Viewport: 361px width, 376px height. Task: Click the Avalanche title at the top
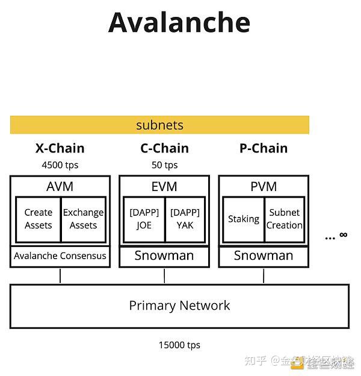[x=179, y=22]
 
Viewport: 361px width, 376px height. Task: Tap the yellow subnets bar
[x=159, y=125]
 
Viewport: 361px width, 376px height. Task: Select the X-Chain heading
[x=60, y=148]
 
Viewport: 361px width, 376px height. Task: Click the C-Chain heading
[x=164, y=148]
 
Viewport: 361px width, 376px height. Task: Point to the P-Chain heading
[x=264, y=148]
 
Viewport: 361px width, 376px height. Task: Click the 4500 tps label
[x=60, y=165]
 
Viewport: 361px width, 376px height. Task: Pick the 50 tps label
[x=164, y=165]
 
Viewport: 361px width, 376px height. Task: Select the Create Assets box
[x=39, y=219]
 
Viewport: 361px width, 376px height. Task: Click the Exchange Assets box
[x=83, y=219]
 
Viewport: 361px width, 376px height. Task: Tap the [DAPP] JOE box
[x=144, y=219]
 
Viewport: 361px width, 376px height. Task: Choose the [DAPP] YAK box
[x=185, y=219]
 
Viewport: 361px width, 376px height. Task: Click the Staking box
[x=244, y=219]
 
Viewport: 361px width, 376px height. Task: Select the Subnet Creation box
[x=285, y=219]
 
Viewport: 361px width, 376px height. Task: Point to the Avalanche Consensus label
[x=60, y=255]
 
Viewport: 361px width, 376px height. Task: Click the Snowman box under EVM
[x=164, y=255]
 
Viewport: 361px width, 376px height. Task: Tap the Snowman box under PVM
[x=264, y=255]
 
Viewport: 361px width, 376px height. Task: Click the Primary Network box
[x=179, y=305]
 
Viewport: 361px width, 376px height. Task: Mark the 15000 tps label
[x=179, y=345]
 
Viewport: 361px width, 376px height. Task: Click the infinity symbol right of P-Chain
[x=343, y=235]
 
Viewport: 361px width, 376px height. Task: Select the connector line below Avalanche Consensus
[x=60, y=276]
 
